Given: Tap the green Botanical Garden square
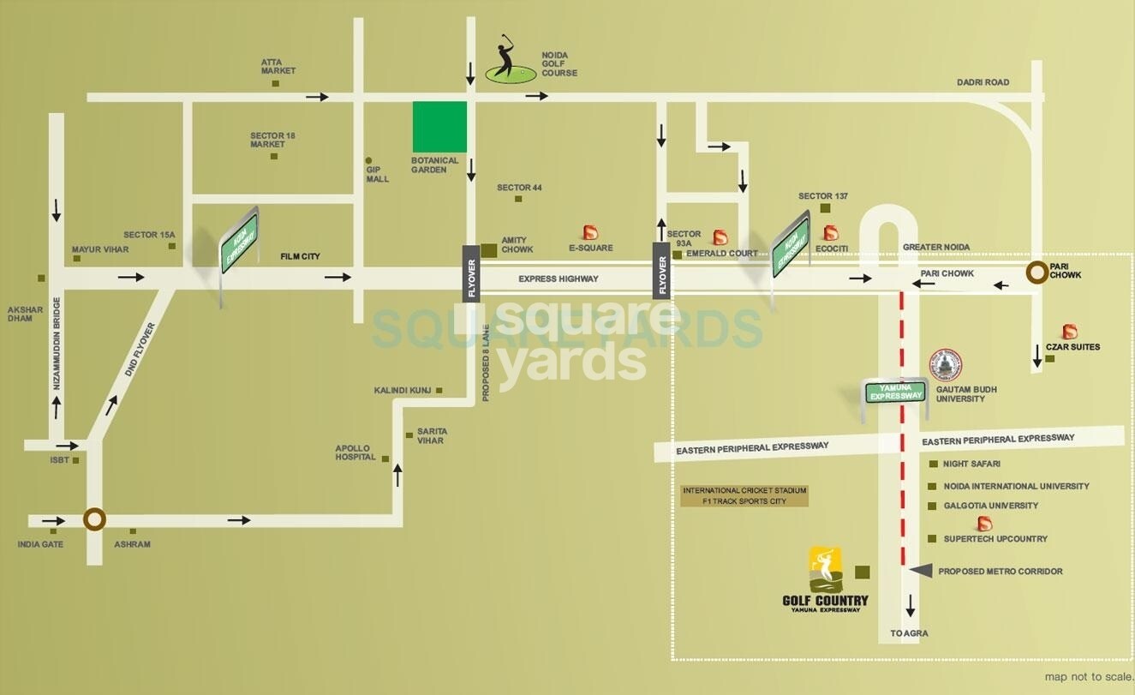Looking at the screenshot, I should (x=440, y=127).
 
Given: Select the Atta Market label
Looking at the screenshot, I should (x=278, y=66).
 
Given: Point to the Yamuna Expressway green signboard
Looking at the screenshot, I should (x=896, y=392).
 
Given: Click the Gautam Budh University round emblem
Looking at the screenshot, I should (x=947, y=365).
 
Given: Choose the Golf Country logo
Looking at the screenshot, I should (x=826, y=579).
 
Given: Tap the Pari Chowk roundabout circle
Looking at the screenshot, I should (x=1037, y=273).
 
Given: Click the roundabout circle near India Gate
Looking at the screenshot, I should (x=94, y=519).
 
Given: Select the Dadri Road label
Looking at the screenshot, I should (x=983, y=82).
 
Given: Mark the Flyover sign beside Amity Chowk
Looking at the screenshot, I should (x=471, y=273).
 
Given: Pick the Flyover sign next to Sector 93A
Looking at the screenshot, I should (x=661, y=271).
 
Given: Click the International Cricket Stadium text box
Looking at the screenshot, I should (x=744, y=495).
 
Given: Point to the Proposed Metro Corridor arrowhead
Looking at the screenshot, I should (x=920, y=571).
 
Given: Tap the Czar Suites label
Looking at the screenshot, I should (x=1072, y=347).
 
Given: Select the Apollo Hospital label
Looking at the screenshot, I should (x=355, y=452).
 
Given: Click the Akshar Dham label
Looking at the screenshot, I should (x=20, y=314).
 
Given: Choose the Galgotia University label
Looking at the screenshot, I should (x=990, y=506).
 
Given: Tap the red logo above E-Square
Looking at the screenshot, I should (x=590, y=232).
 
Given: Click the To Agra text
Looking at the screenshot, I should (x=909, y=633).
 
